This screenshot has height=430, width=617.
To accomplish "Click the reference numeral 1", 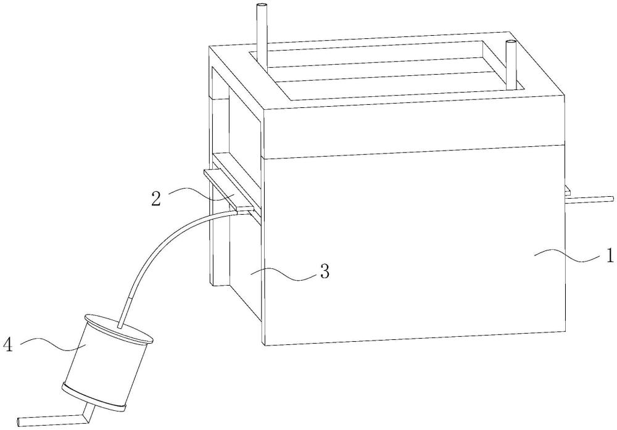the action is [x=609, y=256].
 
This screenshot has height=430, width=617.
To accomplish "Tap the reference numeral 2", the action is [x=156, y=199].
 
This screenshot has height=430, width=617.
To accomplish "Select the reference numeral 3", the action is [x=325, y=271].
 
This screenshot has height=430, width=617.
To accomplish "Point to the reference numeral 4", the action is [x=9, y=345].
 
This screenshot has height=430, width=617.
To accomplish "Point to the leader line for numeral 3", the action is [x=283, y=274].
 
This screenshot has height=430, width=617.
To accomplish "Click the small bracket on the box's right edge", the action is [x=568, y=191].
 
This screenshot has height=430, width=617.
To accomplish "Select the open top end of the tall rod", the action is [x=262, y=6].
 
